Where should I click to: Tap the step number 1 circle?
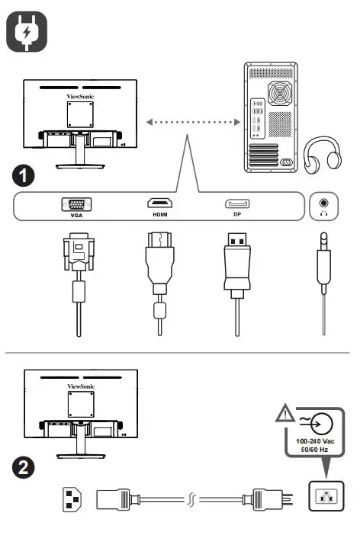(x=25, y=176)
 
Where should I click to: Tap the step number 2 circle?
(x=25, y=466)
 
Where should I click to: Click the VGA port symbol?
(x=76, y=204)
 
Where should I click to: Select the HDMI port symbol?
(x=159, y=204)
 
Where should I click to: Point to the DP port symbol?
(x=236, y=204)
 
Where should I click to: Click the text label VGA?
(x=76, y=216)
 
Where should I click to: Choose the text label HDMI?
(x=159, y=216)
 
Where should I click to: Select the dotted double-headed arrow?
(x=191, y=122)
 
